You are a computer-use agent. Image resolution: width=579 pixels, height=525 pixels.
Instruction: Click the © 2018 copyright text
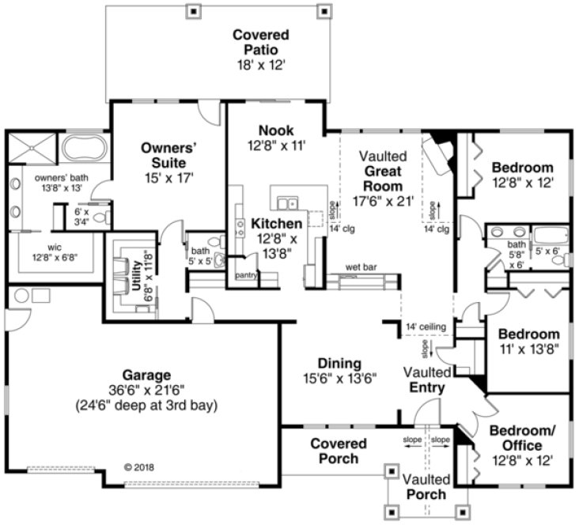[140, 466]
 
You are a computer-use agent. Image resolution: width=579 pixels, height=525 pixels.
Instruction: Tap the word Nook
[275, 130]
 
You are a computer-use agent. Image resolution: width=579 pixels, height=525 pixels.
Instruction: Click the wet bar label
[361, 266]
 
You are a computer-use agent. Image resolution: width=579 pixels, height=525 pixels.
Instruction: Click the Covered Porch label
[339, 451]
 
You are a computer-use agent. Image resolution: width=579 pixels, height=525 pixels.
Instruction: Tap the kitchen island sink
[286, 199]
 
